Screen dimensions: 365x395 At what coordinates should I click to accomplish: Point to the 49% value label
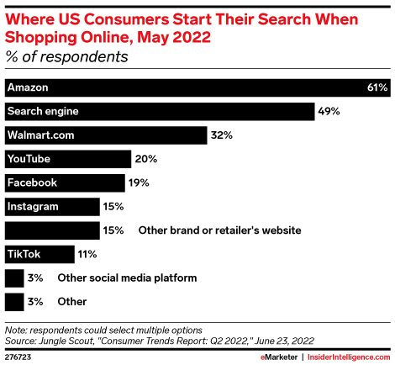coord(328,111)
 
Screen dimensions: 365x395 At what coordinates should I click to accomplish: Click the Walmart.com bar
coord(106,135)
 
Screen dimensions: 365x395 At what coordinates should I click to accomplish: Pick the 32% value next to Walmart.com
coord(222,135)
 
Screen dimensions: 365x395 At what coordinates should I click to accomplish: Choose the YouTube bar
coord(67,158)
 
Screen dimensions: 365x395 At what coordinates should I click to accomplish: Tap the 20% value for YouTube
coord(146,158)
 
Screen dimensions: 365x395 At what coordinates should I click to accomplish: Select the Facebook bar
coord(66,182)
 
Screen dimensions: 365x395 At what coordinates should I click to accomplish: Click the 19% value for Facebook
coord(141,182)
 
